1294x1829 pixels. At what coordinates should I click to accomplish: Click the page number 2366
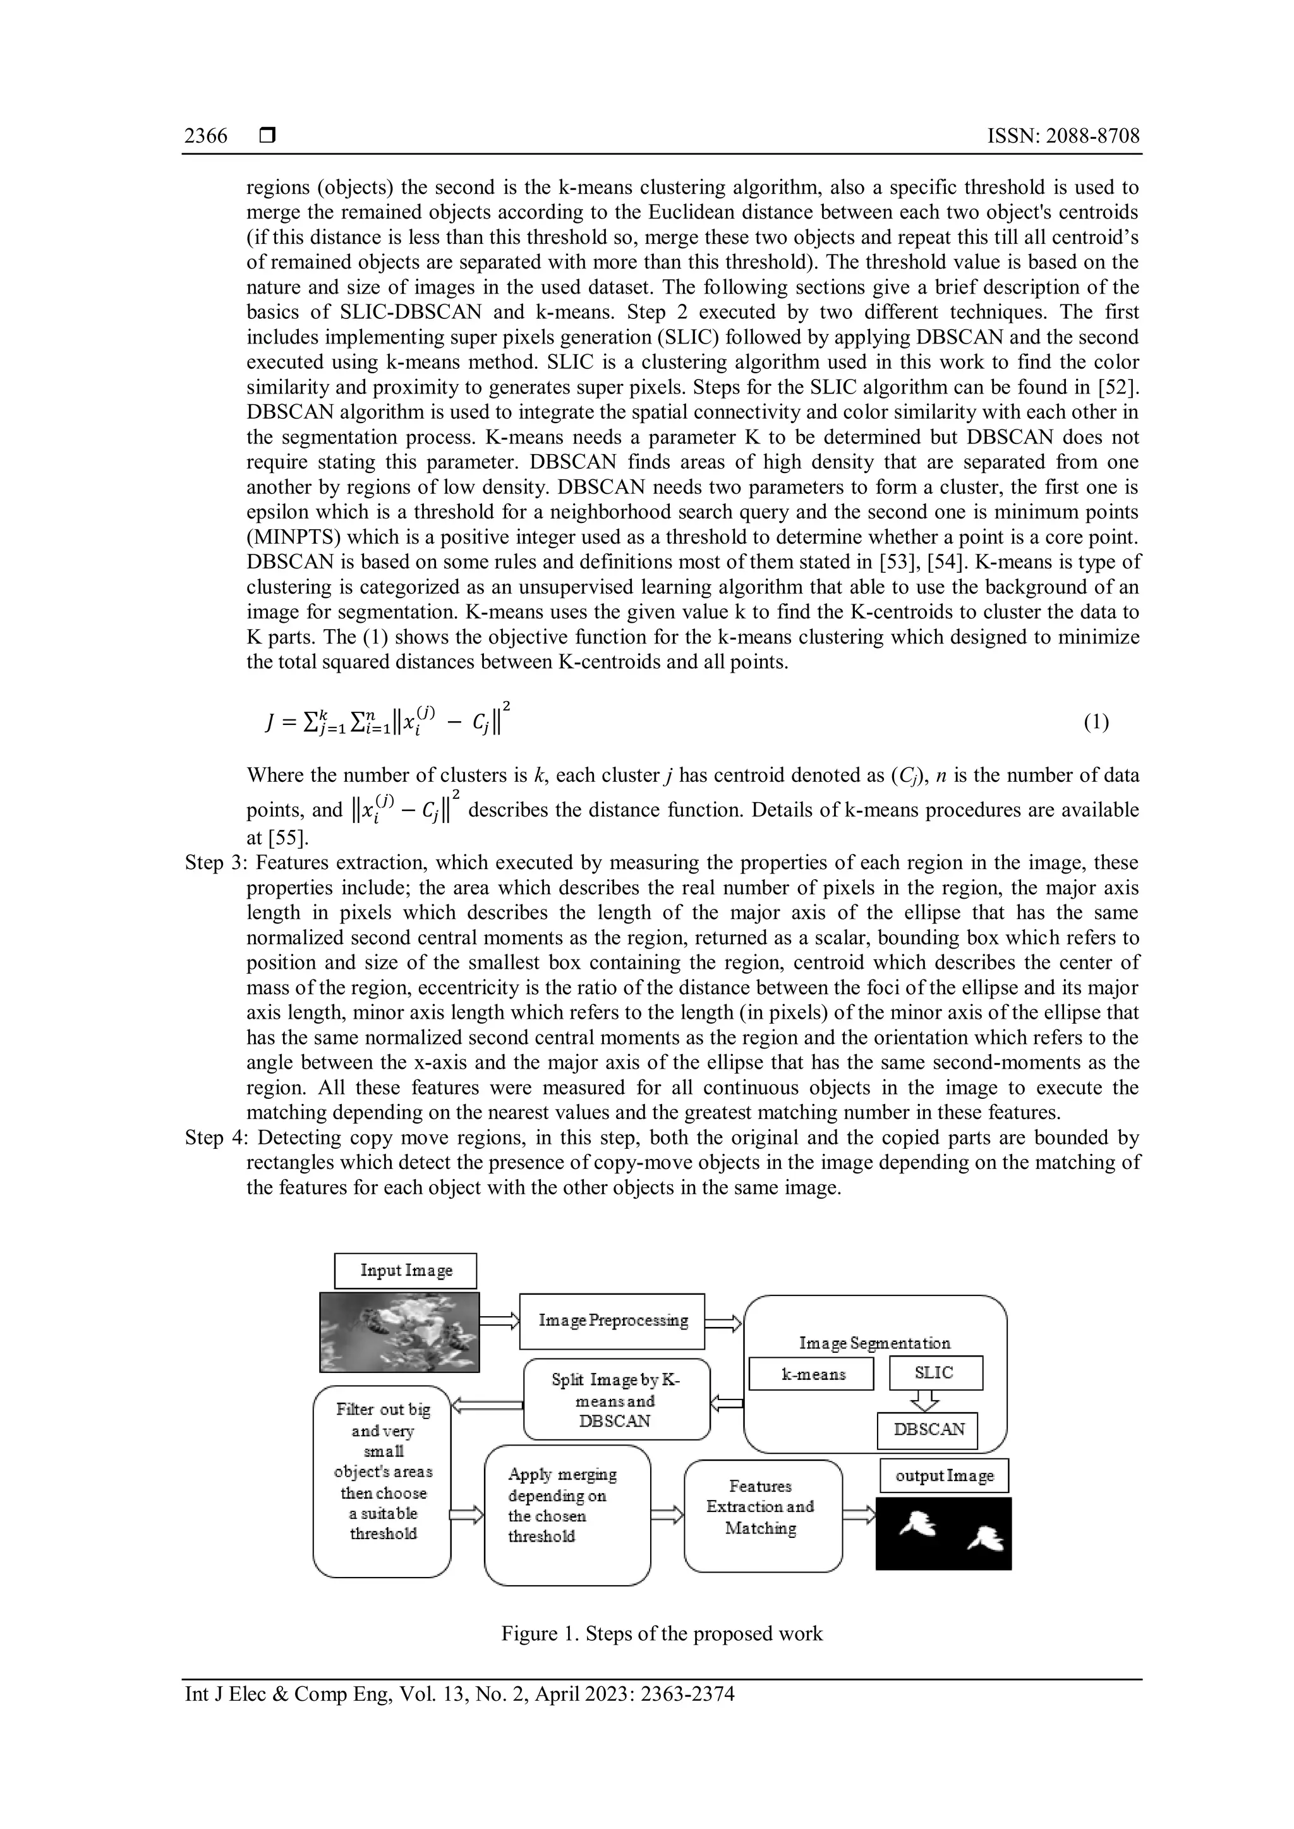[205, 136]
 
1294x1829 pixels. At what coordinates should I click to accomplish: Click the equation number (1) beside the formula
[1096, 722]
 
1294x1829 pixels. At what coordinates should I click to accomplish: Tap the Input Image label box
[405, 1271]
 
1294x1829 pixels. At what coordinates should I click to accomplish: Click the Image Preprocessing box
[612, 1321]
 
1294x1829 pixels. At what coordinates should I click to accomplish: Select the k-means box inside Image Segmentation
[811, 1374]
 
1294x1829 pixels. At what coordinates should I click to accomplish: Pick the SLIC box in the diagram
[936, 1372]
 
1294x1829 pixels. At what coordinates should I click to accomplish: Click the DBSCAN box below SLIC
[928, 1429]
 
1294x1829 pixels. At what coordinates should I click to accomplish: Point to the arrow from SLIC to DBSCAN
[924, 1400]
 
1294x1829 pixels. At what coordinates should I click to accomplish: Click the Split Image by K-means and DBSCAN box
[616, 1400]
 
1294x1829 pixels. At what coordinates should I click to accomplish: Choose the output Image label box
[943, 1476]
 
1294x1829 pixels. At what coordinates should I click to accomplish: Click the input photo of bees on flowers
[399, 1332]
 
